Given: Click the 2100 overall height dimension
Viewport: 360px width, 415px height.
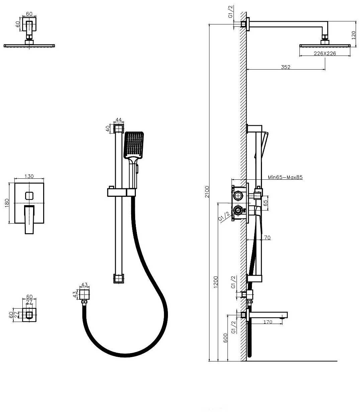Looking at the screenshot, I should point(207,192).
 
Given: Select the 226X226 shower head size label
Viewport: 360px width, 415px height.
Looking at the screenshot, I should point(325,53).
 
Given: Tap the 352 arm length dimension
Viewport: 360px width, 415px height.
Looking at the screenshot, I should point(285,67).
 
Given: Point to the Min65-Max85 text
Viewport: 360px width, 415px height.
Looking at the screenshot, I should point(285,177).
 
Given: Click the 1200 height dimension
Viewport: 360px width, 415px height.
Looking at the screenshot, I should point(216,282).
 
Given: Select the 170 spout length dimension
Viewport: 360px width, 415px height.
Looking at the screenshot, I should point(268,322).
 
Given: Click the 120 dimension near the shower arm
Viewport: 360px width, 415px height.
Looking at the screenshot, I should point(354,35).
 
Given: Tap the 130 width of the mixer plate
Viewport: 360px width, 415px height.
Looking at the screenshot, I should point(29,176).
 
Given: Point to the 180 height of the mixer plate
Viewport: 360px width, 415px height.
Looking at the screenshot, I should point(7,203).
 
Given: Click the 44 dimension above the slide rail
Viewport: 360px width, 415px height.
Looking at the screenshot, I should point(118,119).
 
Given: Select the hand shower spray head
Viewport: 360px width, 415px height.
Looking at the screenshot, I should point(134,145).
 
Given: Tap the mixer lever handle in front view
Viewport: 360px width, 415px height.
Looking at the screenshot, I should point(30,219).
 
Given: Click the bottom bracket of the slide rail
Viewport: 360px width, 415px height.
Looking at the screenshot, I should point(118,278).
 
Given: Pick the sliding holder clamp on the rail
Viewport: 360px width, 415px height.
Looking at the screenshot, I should point(121,192).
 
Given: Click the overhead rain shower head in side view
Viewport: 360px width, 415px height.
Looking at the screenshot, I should point(325,46).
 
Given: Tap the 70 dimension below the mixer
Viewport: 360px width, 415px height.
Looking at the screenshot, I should point(267,238).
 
